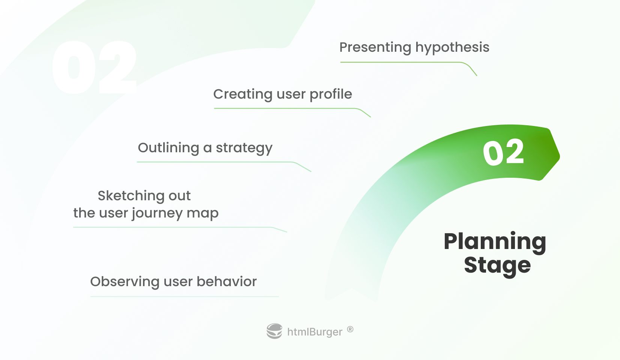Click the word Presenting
click(x=375, y=48)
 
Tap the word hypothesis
click(x=452, y=48)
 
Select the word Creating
click(x=243, y=94)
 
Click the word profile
click(x=331, y=94)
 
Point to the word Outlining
click(x=168, y=148)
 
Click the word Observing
click(x=125, y=282)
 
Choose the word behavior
click(x=227, y=282)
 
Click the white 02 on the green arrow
click(x=503, y=152)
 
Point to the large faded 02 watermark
click(x=94, y=67)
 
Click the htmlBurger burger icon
click(x=274, y=331)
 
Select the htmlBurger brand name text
click(x=315, y=332)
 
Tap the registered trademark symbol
click(x=350, y=329)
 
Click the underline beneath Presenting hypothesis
click(x=409, y=63)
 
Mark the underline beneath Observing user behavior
click(x=184, y=297)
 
